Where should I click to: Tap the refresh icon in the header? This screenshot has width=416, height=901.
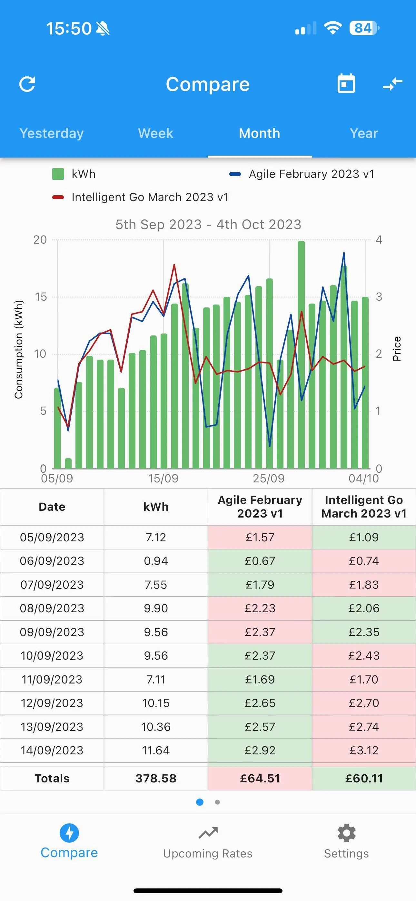pos(27,84)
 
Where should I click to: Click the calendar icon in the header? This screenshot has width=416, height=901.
pos(346,83)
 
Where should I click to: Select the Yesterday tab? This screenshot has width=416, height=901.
pos(52,133)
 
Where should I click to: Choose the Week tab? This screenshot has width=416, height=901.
pos(156,133)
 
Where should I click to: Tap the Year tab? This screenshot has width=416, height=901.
pos(364,133)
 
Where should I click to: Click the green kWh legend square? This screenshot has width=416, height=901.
pos(58,174)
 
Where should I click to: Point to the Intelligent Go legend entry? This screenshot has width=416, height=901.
pos(140,197)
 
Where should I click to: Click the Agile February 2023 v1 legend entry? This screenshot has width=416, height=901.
pos(302,174)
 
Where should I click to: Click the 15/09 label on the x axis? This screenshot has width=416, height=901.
pos(163,478)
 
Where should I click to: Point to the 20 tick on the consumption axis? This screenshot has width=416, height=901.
pos(40,240)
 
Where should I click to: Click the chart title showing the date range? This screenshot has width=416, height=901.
pos(208,224)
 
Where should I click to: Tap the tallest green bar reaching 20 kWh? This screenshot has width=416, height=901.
pos(301,355)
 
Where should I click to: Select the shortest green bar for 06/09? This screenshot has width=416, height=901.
pos(68,463)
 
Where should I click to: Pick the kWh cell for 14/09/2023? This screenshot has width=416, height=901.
pos(156,750)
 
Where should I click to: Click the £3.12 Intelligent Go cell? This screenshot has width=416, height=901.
pos(364,750)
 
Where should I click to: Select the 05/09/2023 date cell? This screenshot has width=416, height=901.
pos(52,537)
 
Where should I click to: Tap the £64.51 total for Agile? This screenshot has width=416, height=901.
pos(260,778)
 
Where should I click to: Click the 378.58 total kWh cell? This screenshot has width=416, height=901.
pos(156,778)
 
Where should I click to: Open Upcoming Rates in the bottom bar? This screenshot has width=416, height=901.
pos(208,843)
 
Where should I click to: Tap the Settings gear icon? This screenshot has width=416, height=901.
pos(346,833)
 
